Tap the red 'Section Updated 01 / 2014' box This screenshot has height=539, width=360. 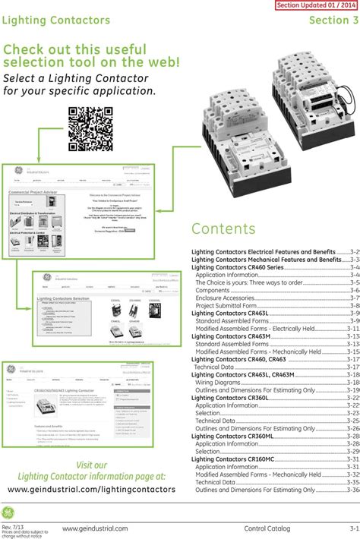tap(316, 5)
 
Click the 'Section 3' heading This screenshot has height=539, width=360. tap(333, 20)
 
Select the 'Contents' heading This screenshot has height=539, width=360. tap(223, 229)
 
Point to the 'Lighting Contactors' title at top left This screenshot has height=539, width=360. tap(56, 20)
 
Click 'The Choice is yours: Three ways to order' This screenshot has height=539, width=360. tap(249, 282)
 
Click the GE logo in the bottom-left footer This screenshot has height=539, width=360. tap(9, 511)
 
